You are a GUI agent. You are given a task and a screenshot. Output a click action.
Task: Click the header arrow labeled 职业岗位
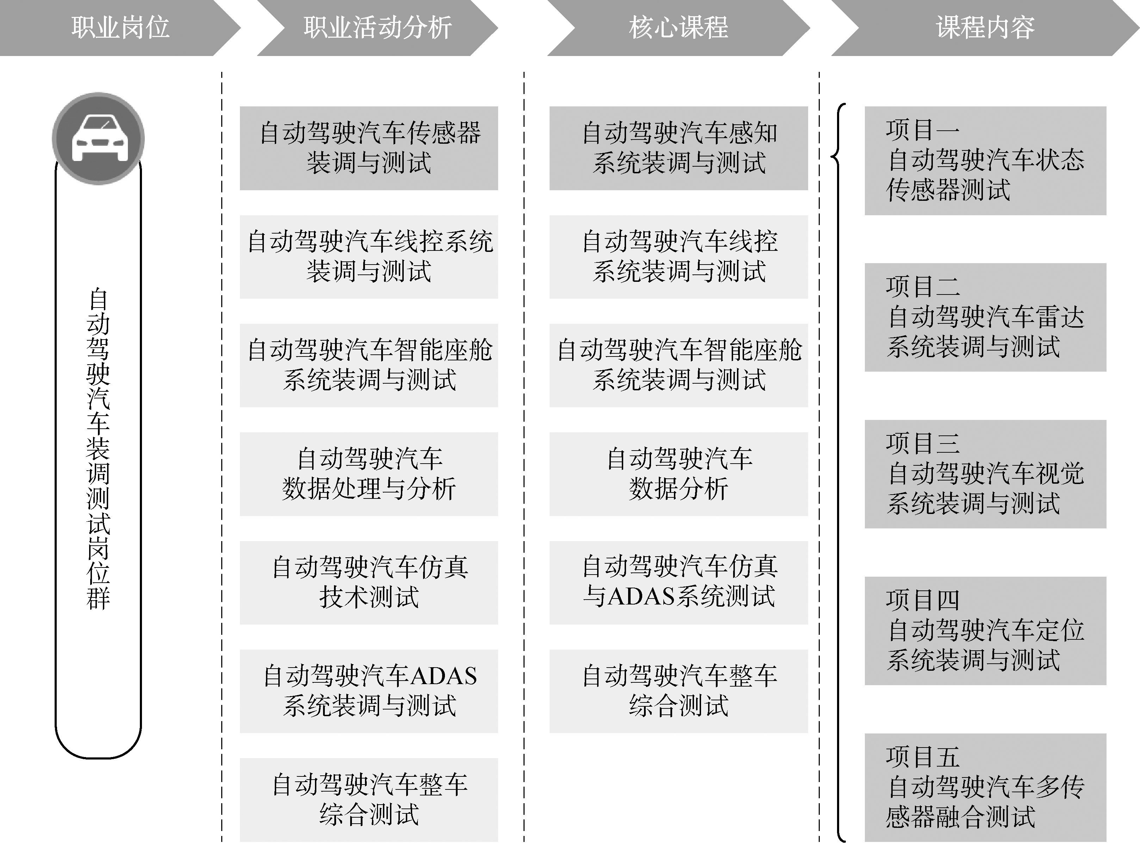[119, 27]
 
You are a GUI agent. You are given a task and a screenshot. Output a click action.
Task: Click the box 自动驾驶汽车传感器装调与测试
[369, 148]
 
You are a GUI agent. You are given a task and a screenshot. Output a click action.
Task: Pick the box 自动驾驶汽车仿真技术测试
[369, 582]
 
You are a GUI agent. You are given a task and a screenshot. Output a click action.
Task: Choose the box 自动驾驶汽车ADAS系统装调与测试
[369, 691]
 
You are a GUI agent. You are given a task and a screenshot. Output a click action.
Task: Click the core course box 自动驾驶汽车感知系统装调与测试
[679, 148]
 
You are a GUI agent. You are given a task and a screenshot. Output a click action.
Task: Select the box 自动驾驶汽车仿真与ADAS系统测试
[679, 582]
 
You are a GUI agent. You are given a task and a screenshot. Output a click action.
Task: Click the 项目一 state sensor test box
[985, 160]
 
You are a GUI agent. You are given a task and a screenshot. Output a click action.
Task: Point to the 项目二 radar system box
[985, 317]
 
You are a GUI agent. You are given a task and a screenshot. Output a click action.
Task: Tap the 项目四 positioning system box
[985, 630]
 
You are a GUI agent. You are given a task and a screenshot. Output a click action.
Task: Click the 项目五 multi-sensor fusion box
[985, 787]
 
